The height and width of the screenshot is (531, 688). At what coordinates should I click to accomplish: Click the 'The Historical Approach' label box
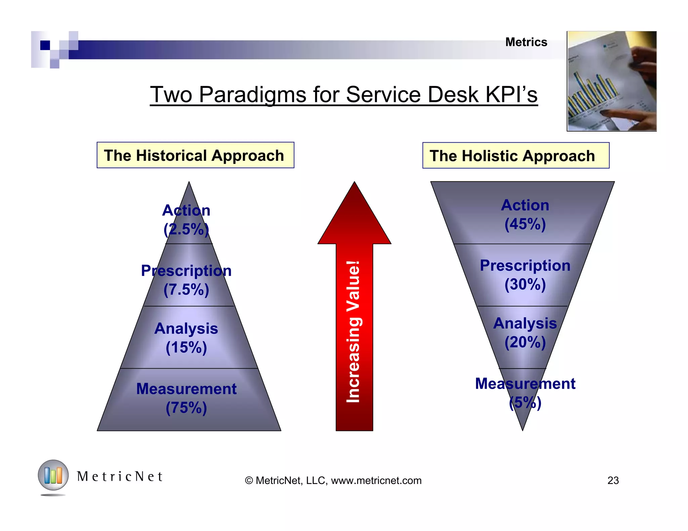tap(195, 155)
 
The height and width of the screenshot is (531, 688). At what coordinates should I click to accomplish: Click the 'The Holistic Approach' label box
tap(515, 156)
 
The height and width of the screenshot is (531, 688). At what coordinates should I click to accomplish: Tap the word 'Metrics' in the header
tap(526, 42)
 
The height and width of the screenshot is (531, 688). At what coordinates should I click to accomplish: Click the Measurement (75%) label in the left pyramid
tap(186, 398)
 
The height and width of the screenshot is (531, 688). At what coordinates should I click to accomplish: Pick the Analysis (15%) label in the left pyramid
tap(186, 338)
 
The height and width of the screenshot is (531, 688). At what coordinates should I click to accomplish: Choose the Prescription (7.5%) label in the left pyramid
tap(186, 280)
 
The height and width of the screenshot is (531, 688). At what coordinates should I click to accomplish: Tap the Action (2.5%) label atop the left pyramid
tap(186, 220)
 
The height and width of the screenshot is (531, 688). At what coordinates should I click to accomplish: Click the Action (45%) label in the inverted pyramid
tap(525, 214)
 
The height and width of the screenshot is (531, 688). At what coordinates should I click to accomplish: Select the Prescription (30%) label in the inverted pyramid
tap(525, 275)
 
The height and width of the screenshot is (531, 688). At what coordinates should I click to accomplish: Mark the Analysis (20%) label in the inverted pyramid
tap(525, 333)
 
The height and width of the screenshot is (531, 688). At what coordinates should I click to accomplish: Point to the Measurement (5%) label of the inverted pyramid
tap(525, 393)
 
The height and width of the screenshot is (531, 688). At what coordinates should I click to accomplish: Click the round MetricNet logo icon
tap(53, 475)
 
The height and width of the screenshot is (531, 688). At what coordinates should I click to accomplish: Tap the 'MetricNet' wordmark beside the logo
tap(120, 477)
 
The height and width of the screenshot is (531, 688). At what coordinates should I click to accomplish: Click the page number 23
tap(613, 480)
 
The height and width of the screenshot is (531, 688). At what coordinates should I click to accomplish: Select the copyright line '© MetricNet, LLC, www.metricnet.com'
tap(333, 480)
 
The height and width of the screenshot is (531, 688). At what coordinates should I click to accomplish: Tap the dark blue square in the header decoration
tap(45, 45)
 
